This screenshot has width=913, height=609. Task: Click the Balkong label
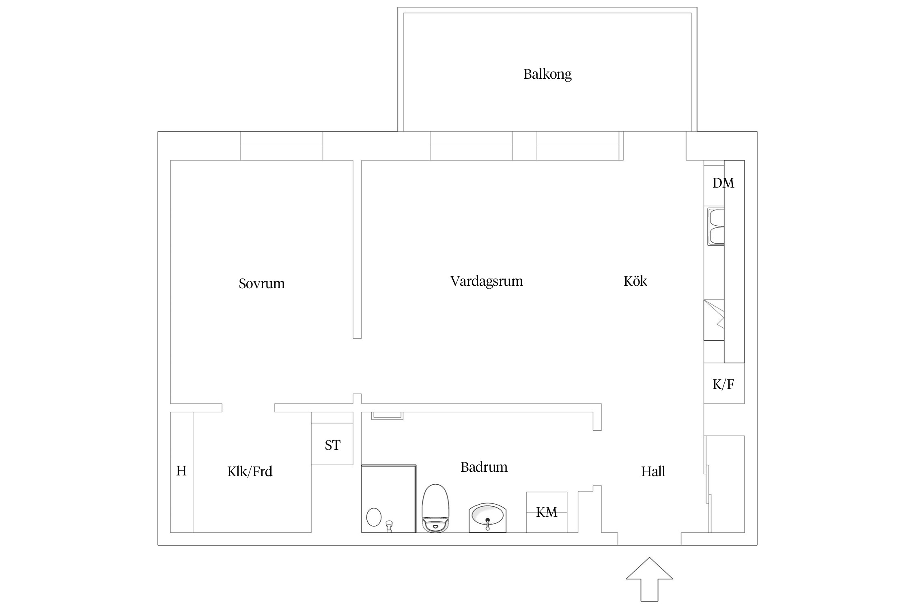pyautogui.click(x=547, y=74)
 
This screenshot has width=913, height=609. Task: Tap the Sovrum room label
pyautogui.click(x=262, y=283)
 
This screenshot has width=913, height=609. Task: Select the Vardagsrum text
pyautogui.click(x=487, y=281)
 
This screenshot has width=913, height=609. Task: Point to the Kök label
pyautogui.click(x=635, y=281)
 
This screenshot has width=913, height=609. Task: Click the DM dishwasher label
pyautogui.click(x=723, y=183)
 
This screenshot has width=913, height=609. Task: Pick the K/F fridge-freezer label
pyautogui.click(x=723, y=384)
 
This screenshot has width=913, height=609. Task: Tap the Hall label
pyautogui.click(x=653, y=471)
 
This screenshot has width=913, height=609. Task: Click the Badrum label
pyautogui.click(x=484, y=467)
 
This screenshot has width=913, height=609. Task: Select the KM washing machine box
pyautogui.click(x=546, y=512)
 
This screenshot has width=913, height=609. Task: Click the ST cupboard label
pyautogui.click(x=332, y=445)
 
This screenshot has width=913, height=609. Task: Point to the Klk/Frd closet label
pyautogui.click(x=250, y=471)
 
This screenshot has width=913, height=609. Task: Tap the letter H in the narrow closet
pyautogui.click(x=181, y=471)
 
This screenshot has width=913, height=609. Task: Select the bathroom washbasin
pyautogui.click(x=487, y=518)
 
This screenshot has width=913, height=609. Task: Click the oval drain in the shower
pyautogui.click(x=374, y=517)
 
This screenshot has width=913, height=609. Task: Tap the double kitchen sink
pyautogui.click(x=716, y=227)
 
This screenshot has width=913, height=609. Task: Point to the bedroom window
pyautogui.click(x=282, y=146)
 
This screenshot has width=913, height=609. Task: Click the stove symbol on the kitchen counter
pyautogui.click(x=714, y=320)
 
